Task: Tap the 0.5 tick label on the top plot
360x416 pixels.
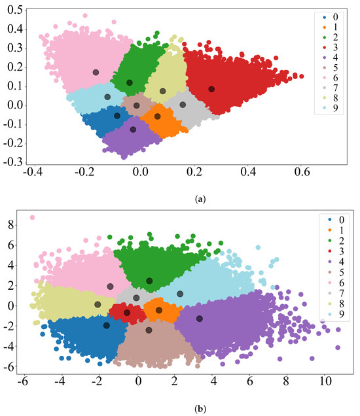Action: (10, 9)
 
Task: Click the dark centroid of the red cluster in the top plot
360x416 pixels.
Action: (211, 89)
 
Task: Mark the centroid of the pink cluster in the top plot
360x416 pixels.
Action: (96, 73)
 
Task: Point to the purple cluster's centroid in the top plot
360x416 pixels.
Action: (133, 130)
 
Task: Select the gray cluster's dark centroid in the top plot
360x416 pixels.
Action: (183, 105)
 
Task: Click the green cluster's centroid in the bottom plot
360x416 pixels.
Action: (149, 281)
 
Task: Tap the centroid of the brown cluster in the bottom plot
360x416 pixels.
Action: (149, 330)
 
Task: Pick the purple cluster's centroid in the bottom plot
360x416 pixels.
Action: (199, 319)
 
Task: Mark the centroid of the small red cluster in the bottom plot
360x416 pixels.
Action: (127, 313)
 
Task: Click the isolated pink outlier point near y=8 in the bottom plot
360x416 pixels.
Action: (32, 218)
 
